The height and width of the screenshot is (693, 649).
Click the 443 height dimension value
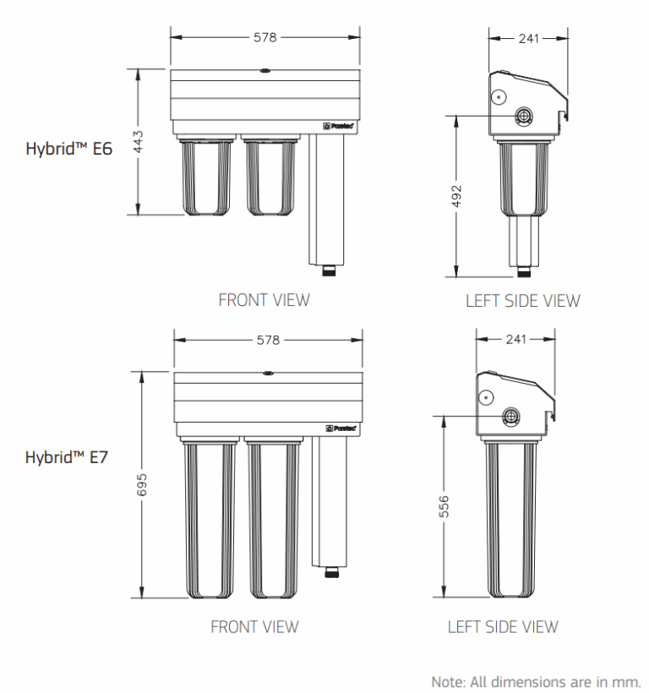click(139, 141)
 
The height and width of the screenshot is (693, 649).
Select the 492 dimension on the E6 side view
click(456, 196)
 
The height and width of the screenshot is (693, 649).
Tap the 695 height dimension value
click(142, 485)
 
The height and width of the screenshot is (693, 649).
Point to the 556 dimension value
click(444, 506)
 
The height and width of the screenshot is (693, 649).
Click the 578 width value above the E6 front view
click(265, 37)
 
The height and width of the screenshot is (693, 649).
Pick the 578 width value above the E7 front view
click(268, 341)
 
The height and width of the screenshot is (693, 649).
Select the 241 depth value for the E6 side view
click(528, 39)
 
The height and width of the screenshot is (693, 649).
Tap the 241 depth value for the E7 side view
click(516, 340)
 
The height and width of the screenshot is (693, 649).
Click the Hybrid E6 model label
click(69, 149)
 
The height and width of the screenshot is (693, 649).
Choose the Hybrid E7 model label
click(66, 457)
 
